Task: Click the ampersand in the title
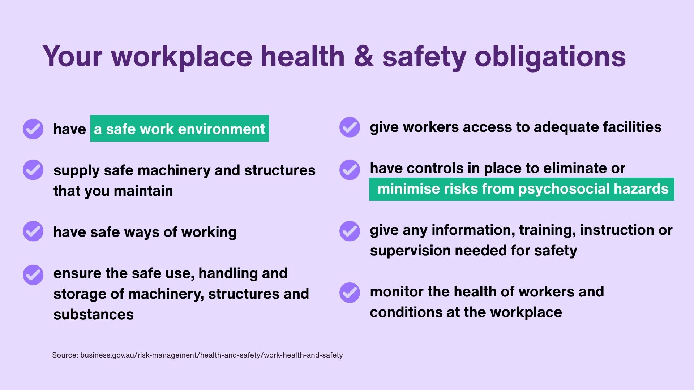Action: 364,56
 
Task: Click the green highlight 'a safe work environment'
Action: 180,129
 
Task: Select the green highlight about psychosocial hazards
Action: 522,189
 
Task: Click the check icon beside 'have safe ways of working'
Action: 33,231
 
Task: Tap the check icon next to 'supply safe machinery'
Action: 33,170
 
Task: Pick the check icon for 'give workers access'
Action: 350,127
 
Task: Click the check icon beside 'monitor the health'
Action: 350,292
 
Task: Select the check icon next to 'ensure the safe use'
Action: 33,275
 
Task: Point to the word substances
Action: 94,315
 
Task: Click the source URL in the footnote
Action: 211,355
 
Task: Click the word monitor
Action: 397,292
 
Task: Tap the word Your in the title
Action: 73,57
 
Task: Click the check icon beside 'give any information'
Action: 350,231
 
